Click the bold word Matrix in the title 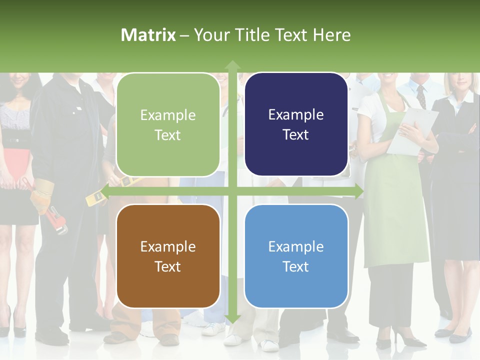[x=148, y=35]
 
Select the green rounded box [x=168, y=124]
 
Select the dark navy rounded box [x=296, y=124]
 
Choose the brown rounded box [x=168, y=256]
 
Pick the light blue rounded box [x=296, y=256]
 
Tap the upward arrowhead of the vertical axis [x=232, y=65]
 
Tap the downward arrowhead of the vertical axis [x=232, y=318]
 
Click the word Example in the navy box [x=296, y=114]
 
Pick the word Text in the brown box [x=168, y=266]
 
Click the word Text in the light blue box [x=296, y=266]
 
